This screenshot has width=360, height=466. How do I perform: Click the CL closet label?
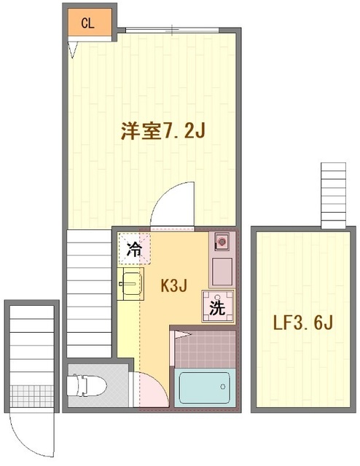pyautogui.click(x=87, y=23)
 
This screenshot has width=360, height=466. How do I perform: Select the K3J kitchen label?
pyautogui.click(x=175, y=285)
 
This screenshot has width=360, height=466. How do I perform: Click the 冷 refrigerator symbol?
pyautogui.click(x=135, y=249)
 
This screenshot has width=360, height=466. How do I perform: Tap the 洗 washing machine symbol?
pyautogui.click(x=218, y=306)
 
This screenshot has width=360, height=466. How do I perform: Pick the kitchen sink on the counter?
pyautogui.click(x=222, y=240)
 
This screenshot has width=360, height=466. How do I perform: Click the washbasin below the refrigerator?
pyautogui.click(x=132, y=283)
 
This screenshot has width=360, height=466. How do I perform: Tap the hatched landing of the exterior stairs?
pyautogui.click(x=32, y=395)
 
